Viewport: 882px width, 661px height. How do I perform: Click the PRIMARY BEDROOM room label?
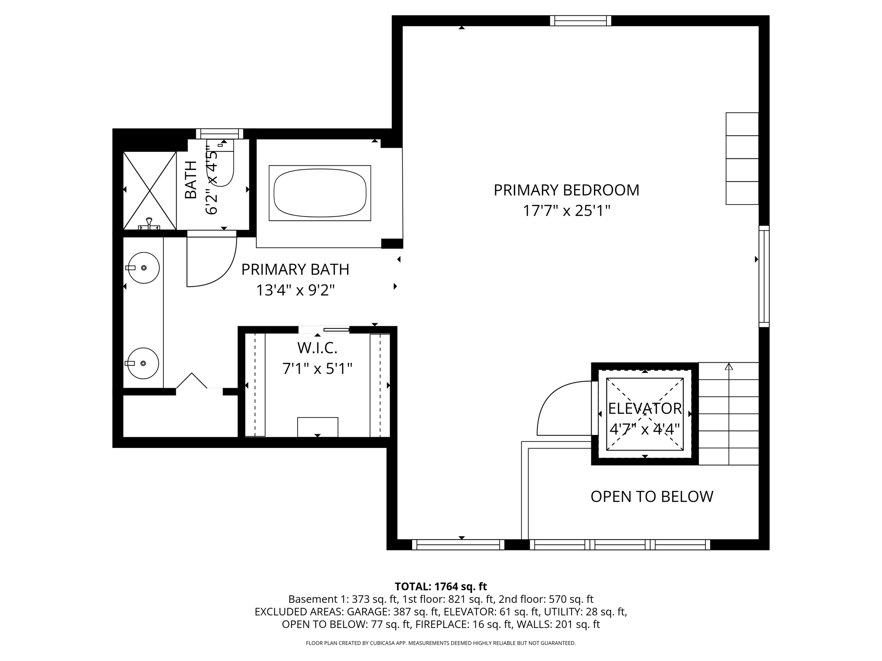pyautogui.click(x=566, y=190)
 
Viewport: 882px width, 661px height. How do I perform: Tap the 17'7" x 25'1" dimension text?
pyautogui.click(x=566, y=211)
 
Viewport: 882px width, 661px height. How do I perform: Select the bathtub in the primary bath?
pyautogui.click(x=320, y=193)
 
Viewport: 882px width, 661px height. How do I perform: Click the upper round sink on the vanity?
pyautogui.click(x=144, y=268)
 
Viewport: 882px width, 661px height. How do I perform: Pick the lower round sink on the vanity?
pyautogui.click(x=143, y=363)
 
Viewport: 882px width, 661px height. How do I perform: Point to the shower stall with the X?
pyautogui.click(x=149, y=190)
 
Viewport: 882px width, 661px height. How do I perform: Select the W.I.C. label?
pyautogui.click(x=317, y=348)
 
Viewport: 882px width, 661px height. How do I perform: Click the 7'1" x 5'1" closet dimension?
pyautogui.click(x=317, y=369)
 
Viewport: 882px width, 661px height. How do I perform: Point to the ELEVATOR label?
pyautogui.click(x=644, y=408)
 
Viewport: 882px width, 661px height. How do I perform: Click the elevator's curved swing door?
pyautogui.click(x=562, y=409)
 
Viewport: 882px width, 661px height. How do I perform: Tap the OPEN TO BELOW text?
pyautogui.click(x=652, y=497)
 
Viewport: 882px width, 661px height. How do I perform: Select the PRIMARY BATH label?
pyautogui.click(x=295, y=269)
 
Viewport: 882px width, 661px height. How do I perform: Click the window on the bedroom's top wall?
pyautogui.click(x=580, y=21)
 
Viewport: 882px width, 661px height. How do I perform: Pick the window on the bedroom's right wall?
pyautogui.click(x=764, y=276)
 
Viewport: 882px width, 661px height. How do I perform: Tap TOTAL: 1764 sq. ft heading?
pyautogui.click(x=441, y=586)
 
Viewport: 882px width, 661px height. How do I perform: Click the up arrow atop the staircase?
pyautogui.click(x=729, y=367)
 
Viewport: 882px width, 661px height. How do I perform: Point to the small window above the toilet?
pyautogui.click(x=219, y=134)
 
